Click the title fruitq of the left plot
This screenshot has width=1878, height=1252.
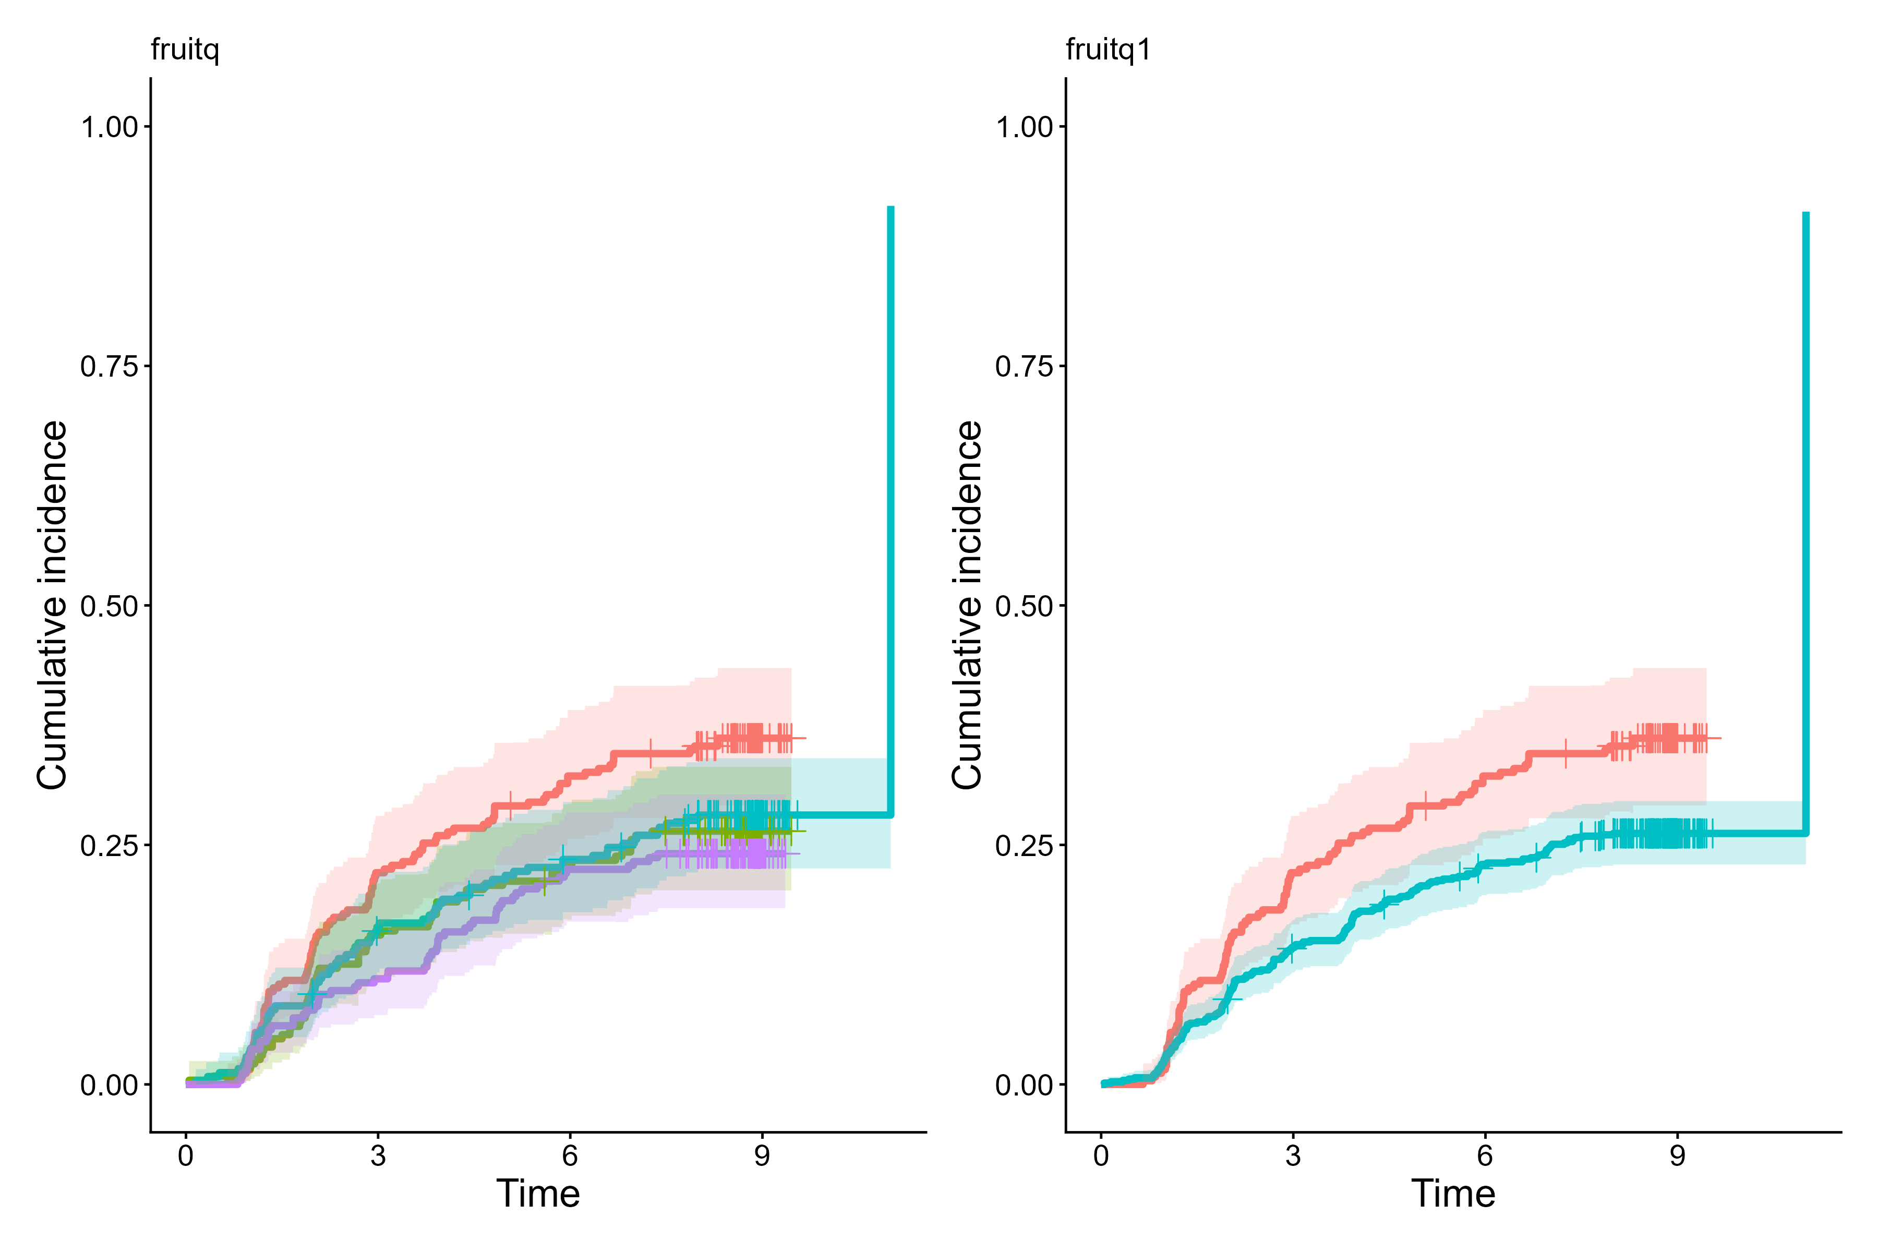[x=185, y=50]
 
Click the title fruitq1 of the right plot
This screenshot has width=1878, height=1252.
[x=1108, y=50]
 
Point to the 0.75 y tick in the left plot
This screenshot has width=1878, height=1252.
[x=110, y=367]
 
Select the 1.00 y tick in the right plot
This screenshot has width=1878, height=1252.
[x=1025, y=127]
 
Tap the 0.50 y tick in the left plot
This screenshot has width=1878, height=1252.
[x=110, y=606]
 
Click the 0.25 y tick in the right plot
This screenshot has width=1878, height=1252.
[x=1025, y=846]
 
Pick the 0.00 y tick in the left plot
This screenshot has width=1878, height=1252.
[x=110, y=1085]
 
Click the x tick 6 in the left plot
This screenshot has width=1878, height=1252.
[x=569, y=1155]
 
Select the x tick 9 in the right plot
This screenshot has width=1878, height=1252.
[x=1677, y=1155]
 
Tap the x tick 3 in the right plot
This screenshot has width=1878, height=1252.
[x=1293, y=1155]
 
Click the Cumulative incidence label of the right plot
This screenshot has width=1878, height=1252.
[x=967, y=605]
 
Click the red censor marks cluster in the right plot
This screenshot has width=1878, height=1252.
[x=1661, y=739]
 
